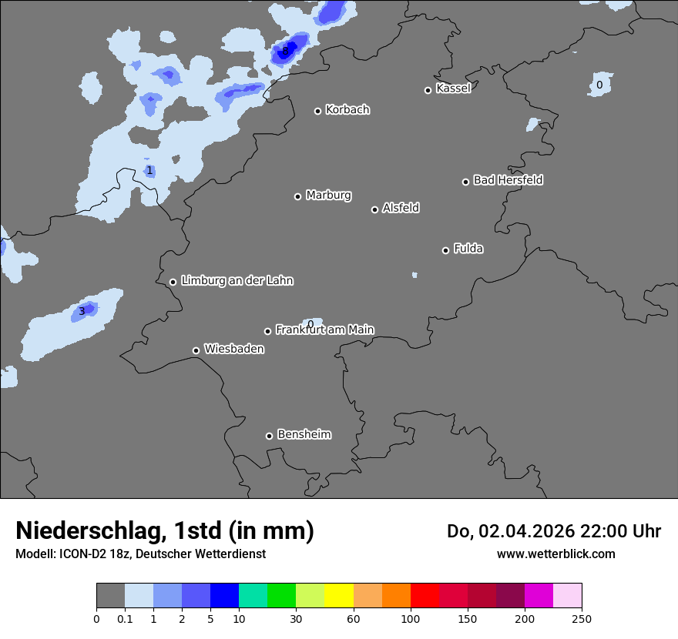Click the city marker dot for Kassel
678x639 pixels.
coord(428,90)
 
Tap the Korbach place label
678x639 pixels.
coord(347,110)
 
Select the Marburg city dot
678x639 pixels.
coord(297,196)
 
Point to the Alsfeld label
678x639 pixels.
coord(401,208)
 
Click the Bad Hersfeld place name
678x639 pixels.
coord(508,180)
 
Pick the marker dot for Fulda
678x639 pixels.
coord(445,250)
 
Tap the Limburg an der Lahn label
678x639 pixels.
coord(237,281)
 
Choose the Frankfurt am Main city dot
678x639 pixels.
coord(268,331)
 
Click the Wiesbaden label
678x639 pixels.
coord(233,349)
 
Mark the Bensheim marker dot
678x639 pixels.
coord(269,436)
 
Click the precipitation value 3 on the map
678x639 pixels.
coord(82,311)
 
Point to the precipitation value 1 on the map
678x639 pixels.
coord(149,171)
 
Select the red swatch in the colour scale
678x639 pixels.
coord(425,596)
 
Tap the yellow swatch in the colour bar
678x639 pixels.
coord(339,596)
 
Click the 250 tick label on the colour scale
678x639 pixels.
coord(581,619)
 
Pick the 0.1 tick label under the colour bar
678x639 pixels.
coord(124,619)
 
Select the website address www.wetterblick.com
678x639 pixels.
coord(555,554)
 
